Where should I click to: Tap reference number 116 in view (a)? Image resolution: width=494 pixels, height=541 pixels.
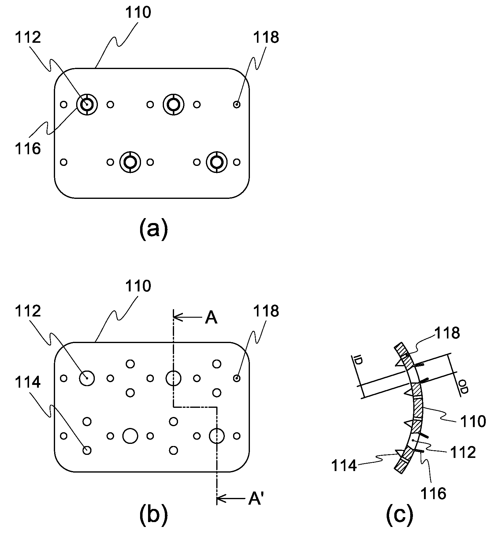tap(28, 149)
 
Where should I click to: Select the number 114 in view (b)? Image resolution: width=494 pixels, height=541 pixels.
tap(28, 382)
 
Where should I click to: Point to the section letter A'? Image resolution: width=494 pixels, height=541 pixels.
tap(254, 499)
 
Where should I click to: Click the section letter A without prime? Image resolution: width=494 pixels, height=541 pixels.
tap(211, 318)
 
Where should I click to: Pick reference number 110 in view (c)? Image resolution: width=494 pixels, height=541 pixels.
tap(473, 422)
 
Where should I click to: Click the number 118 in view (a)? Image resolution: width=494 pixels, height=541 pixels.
tap(266, 38)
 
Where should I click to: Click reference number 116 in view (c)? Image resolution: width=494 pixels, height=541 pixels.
tap(433, 493)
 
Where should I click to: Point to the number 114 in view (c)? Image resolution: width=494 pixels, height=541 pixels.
tap(344, 466)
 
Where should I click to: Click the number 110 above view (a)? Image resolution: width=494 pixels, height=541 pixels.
tap(138, 13)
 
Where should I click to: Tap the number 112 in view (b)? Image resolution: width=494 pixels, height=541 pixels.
tap(28, 311)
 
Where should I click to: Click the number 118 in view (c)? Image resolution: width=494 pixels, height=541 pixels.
tap(447, 333)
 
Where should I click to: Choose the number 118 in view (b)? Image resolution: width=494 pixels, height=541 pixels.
tap(266, 311)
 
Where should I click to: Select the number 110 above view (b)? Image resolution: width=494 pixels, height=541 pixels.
tap(138, 287)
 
